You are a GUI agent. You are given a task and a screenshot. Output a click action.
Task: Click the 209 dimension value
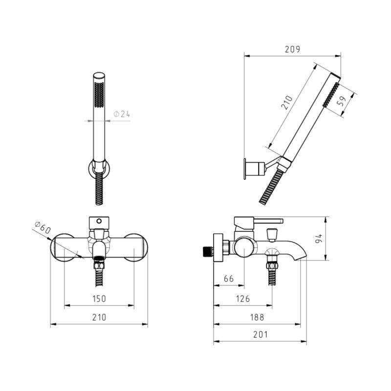292,49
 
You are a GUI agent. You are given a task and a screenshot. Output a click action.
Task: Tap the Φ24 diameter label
122,114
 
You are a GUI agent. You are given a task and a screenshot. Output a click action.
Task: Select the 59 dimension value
342,101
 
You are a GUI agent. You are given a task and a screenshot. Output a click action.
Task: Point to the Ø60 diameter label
43,227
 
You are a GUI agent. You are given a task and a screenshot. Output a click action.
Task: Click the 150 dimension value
99,299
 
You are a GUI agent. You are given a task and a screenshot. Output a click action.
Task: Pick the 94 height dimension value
319,239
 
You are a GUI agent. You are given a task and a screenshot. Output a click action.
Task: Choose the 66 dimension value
229,279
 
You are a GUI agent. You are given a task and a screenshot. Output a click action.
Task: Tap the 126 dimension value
243,299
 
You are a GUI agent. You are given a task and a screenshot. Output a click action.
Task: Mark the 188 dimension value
257,317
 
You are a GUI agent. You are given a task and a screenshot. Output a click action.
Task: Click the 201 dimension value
261,334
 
